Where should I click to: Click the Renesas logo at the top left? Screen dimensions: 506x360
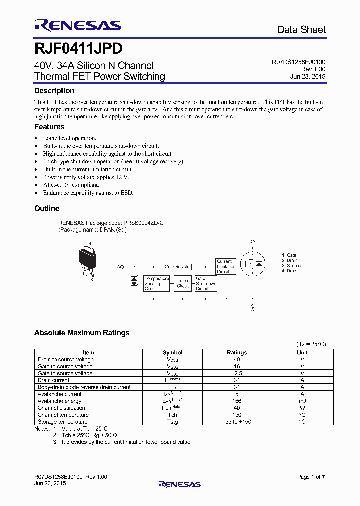(77, 25)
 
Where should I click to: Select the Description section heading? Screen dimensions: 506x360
(54, 91)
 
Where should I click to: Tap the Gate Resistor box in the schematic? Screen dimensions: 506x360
(178, 267)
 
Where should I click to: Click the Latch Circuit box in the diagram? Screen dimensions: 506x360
(183, 283)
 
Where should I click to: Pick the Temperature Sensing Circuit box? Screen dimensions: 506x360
(156, 283)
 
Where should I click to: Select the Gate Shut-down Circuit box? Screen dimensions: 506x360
(206, 283)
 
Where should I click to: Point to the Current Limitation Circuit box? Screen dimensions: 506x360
(225, 266)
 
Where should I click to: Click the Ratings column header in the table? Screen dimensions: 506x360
(237, 352)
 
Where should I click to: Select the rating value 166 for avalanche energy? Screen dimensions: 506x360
(237, 401)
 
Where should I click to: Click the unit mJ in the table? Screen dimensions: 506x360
(302, 401)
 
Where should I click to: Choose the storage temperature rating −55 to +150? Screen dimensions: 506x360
(237, 422)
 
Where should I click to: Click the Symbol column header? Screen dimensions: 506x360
(172, 352)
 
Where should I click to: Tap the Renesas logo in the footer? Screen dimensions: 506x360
(179, 484)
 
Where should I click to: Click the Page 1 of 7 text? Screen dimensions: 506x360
(311, 477)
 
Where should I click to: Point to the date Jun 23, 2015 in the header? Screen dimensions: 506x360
(308, 77)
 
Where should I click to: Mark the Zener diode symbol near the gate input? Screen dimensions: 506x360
(134, 281)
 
